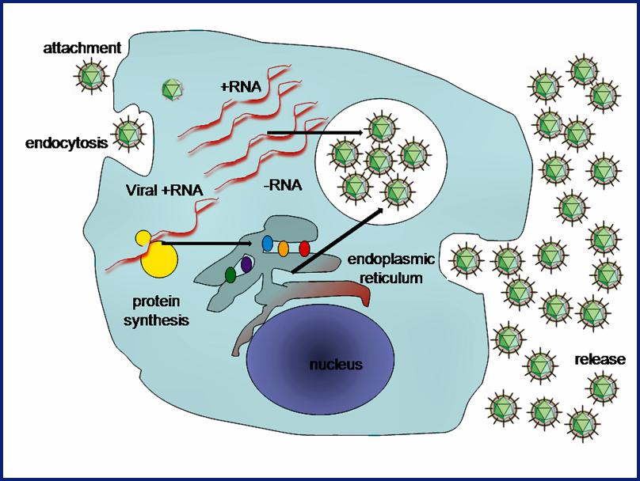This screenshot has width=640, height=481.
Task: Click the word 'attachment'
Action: click(82, 48)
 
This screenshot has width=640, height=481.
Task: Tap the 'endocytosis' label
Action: click(67, 143)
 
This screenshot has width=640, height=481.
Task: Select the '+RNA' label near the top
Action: click(241, 86)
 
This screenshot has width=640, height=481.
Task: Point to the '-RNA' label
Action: click(283, 185)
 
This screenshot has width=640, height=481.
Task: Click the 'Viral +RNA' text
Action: click(164, 190)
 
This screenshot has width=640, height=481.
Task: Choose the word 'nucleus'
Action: click(336, 364)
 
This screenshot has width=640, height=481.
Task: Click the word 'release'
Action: click(600, 359)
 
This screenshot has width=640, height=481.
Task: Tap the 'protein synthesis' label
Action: click(156, 311)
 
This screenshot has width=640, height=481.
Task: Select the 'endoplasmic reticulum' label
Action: click(390, 269)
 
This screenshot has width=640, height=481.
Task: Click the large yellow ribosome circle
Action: click(159, 259)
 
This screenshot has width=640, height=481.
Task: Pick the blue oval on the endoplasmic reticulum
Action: click(268, 244)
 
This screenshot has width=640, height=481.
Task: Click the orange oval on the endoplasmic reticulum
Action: click(284, 248)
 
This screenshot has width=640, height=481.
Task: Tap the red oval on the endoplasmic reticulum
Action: click(304, 248)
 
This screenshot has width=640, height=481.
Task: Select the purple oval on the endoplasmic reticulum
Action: click(246, 264)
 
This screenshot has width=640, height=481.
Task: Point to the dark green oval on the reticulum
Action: click(230, 275)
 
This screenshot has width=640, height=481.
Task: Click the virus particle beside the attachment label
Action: click(91, 76)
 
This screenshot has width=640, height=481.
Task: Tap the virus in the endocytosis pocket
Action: click(129, 134)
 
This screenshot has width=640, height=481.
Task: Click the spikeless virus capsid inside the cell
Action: click(171, 89)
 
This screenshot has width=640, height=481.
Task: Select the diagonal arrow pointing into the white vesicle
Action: click(337, 239)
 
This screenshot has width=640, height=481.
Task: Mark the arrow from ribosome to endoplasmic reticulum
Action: click(207, 244)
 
